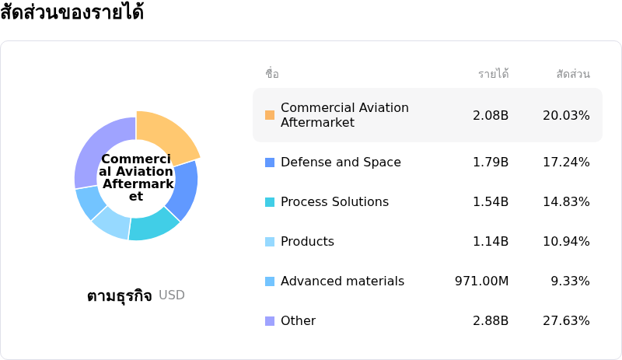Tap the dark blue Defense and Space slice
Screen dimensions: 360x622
coord(183,190)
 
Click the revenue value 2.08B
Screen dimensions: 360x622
coord(491,115)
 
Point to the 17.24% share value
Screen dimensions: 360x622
coord(566,163)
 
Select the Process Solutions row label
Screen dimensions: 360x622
coord(334,202)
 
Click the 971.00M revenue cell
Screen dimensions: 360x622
coord(481,281)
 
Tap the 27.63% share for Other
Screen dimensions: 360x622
coord(566,321)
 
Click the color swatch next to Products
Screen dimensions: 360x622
coord(270,242)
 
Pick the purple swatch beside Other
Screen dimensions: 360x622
coord(270,321)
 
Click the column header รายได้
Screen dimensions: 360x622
coord(494,75)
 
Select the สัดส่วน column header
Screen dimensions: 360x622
coord(573,75)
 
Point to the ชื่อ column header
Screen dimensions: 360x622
coord(272,75)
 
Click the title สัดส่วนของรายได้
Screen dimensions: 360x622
coord(72,13)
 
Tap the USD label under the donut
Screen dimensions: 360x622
coord(172,295)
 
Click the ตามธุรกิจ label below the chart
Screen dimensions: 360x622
coord(120,296)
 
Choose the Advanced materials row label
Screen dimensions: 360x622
coord(342,281)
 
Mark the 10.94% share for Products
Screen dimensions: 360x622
coord(566,242)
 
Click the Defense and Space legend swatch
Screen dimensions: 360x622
coord(270,163)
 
